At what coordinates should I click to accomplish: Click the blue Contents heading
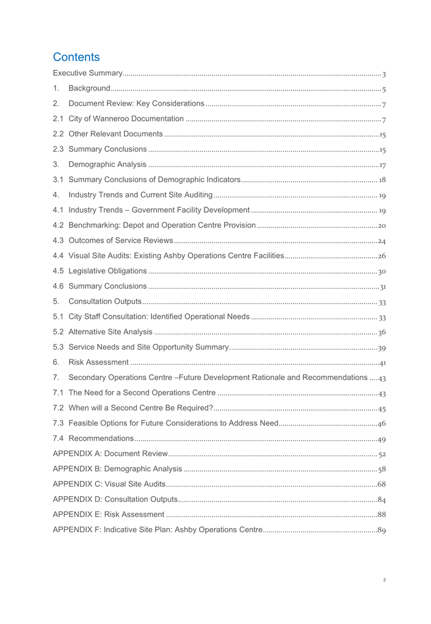pos(76,57)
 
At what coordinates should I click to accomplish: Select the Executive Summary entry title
pos(88,74)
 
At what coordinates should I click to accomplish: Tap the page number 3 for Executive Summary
pos(383,75)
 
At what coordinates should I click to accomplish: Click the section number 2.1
pos(59,119)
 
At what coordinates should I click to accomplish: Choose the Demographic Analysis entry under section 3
pos(107,164)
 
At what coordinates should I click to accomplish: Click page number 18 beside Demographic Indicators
pos(382,180)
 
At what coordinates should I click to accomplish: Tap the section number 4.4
pos(59,256)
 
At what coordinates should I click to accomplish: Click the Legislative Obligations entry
pos(107,271)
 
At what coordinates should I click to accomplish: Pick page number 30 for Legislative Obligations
pos(382,271)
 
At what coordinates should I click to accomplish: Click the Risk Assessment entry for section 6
pos(98,362)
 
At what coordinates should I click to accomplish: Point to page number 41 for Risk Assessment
pos(382,363)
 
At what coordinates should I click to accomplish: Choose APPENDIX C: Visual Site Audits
pos(109,484)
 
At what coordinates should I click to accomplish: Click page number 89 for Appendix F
pos(382,530)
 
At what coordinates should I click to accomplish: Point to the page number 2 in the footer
pos(384,579)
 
